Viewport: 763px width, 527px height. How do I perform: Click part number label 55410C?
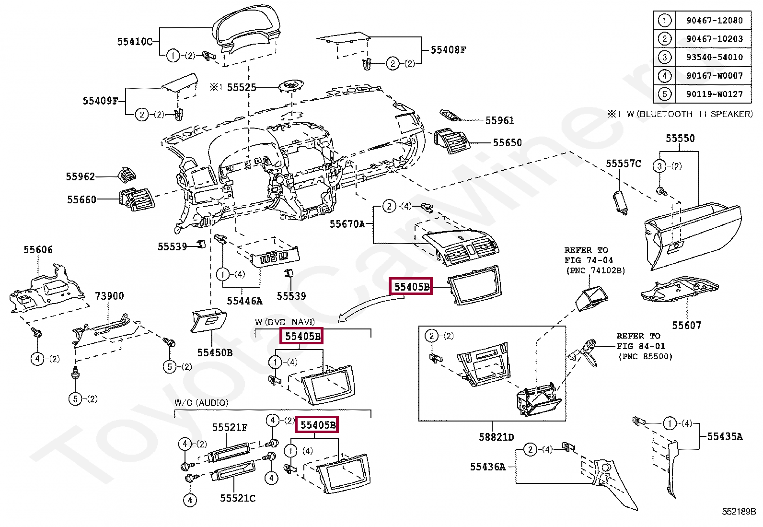pyautogui.click(x=135, y=42)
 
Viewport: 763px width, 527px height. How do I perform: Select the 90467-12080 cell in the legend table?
pyautogui.click(x=714, y=21)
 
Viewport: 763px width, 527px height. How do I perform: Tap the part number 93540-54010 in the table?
pyautogui.click(x=714, y=57)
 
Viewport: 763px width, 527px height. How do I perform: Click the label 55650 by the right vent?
pyautogui.click(x=507, y=142)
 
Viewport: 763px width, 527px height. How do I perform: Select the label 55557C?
pyautogui.click(x=623, y=164)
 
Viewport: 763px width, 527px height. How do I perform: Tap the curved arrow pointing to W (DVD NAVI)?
pyautogui.click(x=369, y=306)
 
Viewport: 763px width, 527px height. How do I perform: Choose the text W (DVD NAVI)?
pyautogui.click(x=285, y=322)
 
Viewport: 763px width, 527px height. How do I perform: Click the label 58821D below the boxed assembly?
pyautogui.click(x=496, y=437)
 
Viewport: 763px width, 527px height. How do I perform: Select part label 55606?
pyautogui.click(x=38, y=249)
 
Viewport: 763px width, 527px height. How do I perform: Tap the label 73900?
pyautogui.click(x=109, y=296)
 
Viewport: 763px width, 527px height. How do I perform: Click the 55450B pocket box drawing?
pyautogui.click(x=209, y=321)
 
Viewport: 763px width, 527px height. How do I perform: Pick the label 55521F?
pyautogui.click(x=230, y=427)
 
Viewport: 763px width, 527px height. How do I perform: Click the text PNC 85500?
pyautogui.click(x=645, y=356)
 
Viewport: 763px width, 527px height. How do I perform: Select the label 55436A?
pyautogui.click(x=487, y=467)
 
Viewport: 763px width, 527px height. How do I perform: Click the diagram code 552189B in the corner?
pyautogui.click(x=739, y=511)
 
